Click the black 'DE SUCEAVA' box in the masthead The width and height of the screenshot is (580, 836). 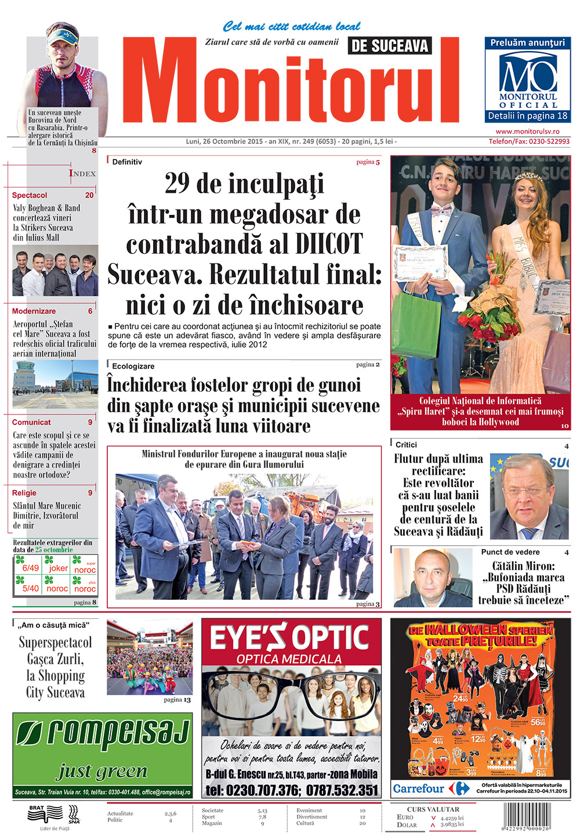(390, 46)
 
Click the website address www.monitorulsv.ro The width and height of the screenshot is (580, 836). (528, 132)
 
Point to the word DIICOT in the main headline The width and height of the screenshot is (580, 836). (329, 244)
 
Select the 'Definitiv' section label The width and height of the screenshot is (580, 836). (127, 162)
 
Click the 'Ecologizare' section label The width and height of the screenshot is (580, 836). (133, 366)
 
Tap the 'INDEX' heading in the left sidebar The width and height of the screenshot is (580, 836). (82, 174)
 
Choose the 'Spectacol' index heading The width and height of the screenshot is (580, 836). (30, 196)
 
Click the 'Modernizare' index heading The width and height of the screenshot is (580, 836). (34, 311)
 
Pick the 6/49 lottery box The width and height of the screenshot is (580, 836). (30, 568)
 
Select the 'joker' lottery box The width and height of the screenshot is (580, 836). (58, 568)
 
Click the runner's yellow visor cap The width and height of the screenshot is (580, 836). (63, 37)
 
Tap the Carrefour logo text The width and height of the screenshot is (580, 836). (418, 788)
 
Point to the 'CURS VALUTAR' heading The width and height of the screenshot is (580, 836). (433, 809)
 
